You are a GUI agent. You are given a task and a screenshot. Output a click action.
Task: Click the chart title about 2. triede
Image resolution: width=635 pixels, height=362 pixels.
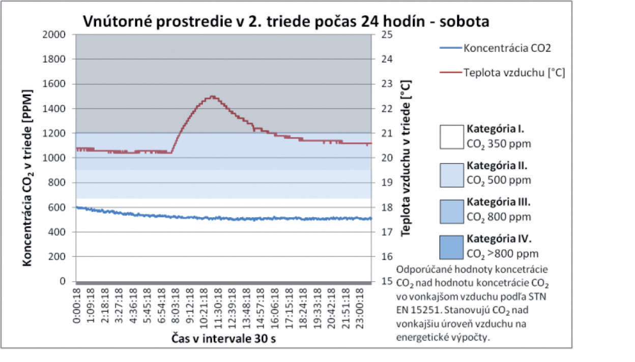[x=286, y=21]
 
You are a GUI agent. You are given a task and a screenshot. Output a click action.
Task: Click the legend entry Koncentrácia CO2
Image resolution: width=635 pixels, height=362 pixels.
[x=507, y=48]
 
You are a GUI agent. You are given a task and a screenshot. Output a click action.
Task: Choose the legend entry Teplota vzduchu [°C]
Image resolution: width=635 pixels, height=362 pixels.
[x=514, y=73]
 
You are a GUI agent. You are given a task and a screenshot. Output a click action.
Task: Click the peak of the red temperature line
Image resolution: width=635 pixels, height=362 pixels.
[x=212, y=96]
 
